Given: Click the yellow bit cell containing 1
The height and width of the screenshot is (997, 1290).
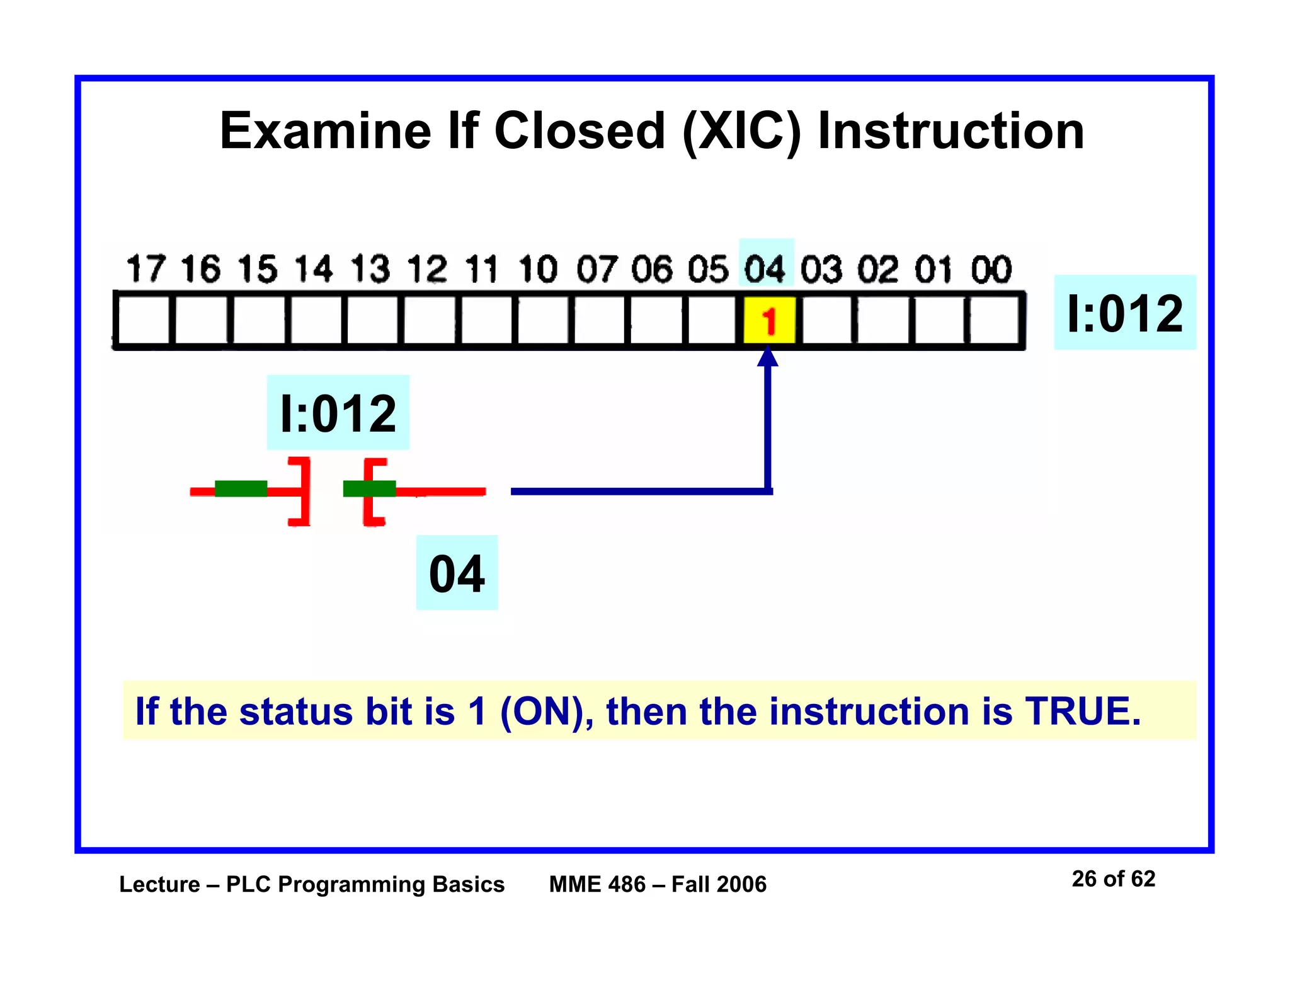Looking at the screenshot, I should pyautogui.click(x=767, y=320).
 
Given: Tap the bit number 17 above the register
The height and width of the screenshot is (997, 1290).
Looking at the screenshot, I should pyautogui.click(x=145, y=269).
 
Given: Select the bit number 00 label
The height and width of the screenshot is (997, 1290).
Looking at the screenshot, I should pyautogui.click(x=991, y=269).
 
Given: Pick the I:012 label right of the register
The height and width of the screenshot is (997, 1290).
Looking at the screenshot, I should pyautogui.click(x=1124, y=313).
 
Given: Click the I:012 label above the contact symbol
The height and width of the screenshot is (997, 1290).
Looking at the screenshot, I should pyautogui.click(x=338, y=413).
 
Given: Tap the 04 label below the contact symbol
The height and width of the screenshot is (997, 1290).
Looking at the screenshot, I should pyautogui.click(x=457, y=573).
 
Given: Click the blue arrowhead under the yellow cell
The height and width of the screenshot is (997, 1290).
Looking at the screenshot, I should pyautogui.click(x=767, y=357).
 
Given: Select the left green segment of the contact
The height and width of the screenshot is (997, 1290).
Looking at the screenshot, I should pyautogui.click(x=241, y=488).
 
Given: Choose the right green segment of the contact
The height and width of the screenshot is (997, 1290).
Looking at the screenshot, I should pyautogui.click(x=369, y=488).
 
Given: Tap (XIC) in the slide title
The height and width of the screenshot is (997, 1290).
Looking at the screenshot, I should pyautogui.click(x=741, y=131).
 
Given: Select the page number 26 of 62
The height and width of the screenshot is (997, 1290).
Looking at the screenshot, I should pyautogui.click(x=1113, y=879).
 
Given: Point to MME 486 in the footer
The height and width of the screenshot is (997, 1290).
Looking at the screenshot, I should pyautogui.click(x=597, y=884).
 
